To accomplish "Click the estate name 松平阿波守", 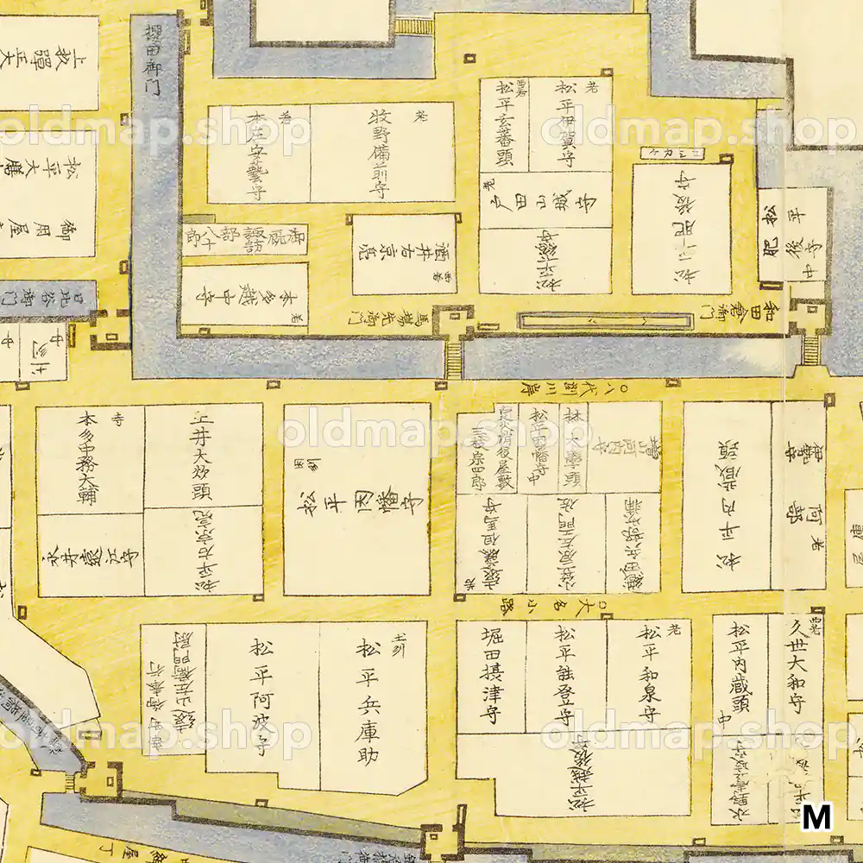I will [x=262, y=699].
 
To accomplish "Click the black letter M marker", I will [x=816, y=816].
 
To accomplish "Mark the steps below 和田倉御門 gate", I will [x=810, y=349].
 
